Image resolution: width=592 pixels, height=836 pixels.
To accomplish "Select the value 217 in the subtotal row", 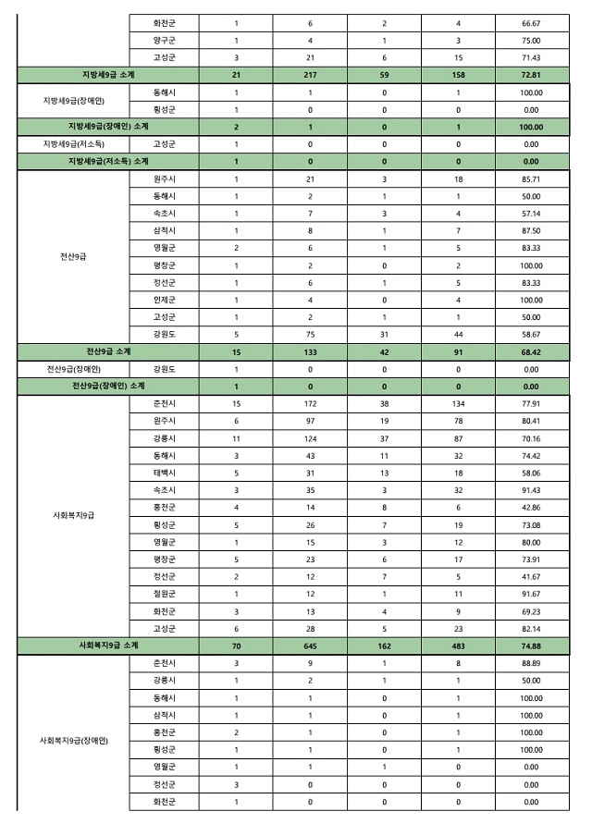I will click(309, 74).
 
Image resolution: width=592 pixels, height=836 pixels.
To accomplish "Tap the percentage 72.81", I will click(531, 74).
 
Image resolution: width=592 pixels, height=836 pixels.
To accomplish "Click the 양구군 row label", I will click(163, 40).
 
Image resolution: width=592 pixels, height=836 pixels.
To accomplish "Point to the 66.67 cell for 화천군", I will click(531, 22).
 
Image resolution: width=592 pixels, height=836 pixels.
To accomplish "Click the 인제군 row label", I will click(163, 300).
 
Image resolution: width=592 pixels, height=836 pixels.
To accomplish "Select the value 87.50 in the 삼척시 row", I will click(531, 230).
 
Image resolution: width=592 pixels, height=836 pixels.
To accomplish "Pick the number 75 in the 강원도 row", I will click(309, 334).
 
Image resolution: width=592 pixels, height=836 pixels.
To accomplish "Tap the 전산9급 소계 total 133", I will click(309, 351).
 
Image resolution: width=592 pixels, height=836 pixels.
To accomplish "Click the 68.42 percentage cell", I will click(531, 351).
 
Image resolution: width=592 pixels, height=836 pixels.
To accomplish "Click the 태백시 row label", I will click(163, 473).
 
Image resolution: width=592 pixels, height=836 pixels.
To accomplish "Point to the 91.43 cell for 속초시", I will click(531, 490).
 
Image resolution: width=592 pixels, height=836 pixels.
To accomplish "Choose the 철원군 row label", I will click(163, 594).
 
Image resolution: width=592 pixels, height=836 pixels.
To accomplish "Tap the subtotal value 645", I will click(309, 645).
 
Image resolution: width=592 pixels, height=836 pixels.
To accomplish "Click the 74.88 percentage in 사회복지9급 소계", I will click(531, 645).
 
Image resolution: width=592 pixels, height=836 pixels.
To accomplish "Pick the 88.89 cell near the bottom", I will click(531, 663).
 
